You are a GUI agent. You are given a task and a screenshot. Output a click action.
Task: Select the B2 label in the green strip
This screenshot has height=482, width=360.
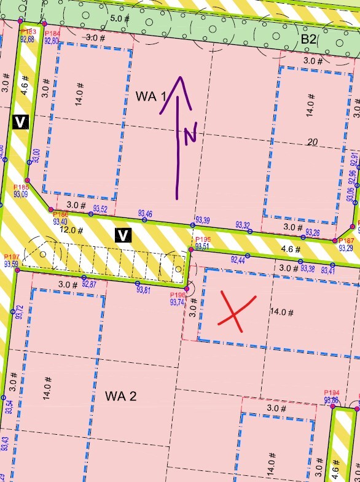pyautogui.click(x=308, y=40)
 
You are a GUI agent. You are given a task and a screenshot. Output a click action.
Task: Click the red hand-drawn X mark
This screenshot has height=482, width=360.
pyautogui.click(x=233, y=311)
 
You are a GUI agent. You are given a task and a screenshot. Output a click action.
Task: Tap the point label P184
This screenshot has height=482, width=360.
pyautogui.click(x=53, y=33)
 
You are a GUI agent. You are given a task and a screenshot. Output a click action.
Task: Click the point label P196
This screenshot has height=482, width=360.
pyautogui.click(x=177, y=295)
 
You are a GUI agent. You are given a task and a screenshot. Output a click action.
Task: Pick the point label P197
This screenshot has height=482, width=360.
pyautogui.click(x=11, y=257)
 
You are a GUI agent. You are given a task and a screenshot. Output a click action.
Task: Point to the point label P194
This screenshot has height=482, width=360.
pyautogui.click(x=331, y=393)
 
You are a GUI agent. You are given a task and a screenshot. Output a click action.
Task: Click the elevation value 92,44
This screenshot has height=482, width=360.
pyautogui.click(x=238, y=260)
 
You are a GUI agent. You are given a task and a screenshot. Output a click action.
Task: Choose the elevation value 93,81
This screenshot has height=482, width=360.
pyautogui.click(x=144, y=290)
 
